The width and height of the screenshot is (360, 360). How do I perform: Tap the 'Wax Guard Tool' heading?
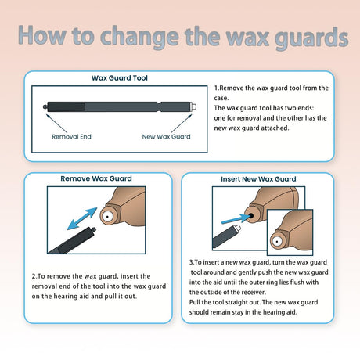pos(120,77)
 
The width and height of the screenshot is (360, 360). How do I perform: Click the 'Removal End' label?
pos(71,136)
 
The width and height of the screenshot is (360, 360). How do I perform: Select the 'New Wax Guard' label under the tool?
pos(166,136)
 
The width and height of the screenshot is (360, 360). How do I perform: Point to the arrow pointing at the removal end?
pos(56,123)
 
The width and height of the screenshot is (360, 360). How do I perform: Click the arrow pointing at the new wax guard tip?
pos(182,123)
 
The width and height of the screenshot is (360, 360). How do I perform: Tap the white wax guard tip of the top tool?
pos(193,106)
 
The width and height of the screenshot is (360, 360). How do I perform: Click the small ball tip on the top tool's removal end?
pos(45,106)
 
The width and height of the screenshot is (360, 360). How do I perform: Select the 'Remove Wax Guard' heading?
pos(96,178)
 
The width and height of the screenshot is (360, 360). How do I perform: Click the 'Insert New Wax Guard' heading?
pos(258,179)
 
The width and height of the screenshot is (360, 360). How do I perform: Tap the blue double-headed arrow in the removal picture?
pos(82,218)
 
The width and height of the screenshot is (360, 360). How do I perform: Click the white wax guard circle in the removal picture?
pos(107,216)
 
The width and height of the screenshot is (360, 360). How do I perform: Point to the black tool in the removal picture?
pos(72,241)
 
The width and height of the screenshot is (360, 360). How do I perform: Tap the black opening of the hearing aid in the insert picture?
pos(251,216)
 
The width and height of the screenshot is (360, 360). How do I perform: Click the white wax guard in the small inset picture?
pos(277,241)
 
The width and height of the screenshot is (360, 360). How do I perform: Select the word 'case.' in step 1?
pos(221,98)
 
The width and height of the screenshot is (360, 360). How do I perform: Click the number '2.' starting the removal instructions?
pos(34,276)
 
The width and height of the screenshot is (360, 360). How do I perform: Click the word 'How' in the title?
pos(42,35)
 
